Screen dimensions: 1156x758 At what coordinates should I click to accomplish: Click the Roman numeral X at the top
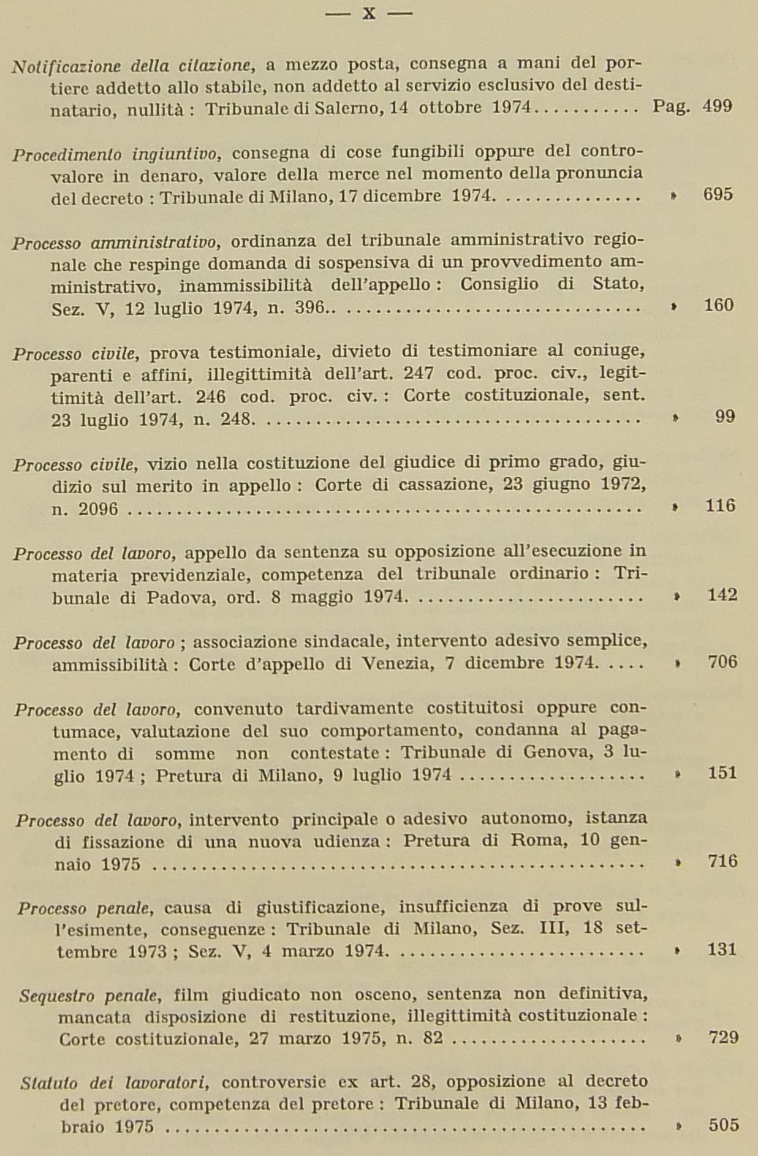pos(368,13)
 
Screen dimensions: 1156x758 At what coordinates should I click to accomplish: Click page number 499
pos(717,107)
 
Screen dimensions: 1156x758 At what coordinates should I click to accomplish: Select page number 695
pos(718,195)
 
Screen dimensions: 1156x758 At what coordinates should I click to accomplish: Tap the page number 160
pos(718,305)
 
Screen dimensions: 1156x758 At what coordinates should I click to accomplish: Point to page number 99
pos(724,417)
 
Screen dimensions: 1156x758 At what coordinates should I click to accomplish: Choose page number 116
pos(719,505)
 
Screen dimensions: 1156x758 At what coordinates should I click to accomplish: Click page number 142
pos(722,595)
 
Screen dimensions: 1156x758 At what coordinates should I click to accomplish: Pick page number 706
pos(722,662)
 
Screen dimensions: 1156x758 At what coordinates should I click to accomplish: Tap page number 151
pos(722,773)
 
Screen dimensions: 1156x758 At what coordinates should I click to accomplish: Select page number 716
pos(722,861)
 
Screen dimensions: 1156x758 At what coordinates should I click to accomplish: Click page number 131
pos(722,950)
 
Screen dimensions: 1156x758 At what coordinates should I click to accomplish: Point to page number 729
pos(723,1038)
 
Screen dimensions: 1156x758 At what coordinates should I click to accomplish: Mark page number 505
pos(723,1125)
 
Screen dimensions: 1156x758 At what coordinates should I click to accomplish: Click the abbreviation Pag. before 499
pos(671,107)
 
